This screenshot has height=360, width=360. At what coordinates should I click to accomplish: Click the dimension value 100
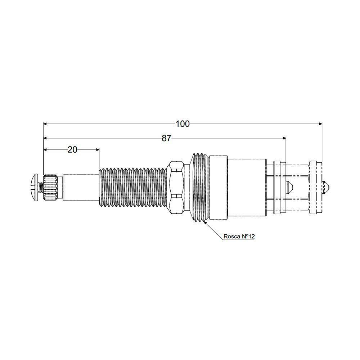tap(183, 124)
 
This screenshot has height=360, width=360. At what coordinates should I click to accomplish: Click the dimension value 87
tap(166, 138)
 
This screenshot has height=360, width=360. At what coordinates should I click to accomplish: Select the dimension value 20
tap(72, 149)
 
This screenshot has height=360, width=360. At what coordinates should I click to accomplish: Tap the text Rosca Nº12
tap(239, 237)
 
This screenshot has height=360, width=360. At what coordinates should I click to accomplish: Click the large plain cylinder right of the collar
tap(247, 187)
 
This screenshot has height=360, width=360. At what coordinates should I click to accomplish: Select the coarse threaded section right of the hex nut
tap(199, 187)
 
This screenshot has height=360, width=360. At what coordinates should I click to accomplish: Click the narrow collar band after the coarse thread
tap(218, 187)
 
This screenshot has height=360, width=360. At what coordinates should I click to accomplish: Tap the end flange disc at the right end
tap(316, 187)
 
